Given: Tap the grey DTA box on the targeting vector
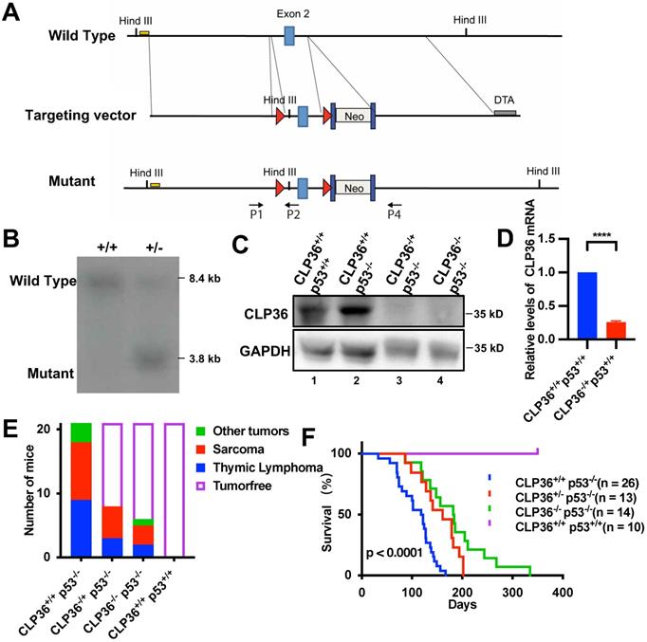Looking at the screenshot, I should pyautogui.click(x=506, y=112).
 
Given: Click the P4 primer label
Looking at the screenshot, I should pyautogui.click(x=395, y=212).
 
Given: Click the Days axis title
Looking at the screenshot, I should pyautogui.click(x=462, y=603).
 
